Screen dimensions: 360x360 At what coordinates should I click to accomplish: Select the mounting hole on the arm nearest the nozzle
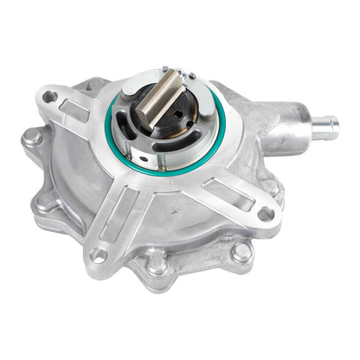click(x=267, y=214)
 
